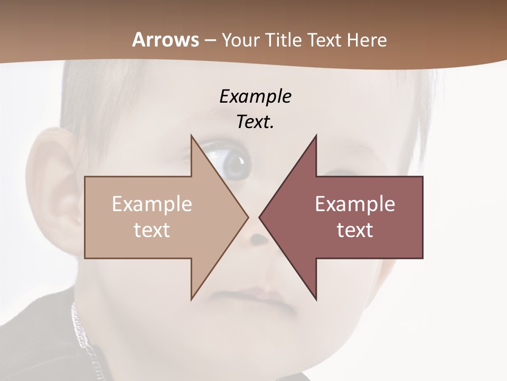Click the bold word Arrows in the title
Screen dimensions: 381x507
[x=165, y=40]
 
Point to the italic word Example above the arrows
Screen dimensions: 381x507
[x=255, y=96]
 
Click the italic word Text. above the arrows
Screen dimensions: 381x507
[x=255, y=122]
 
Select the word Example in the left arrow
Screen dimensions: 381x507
[x=152, y=204]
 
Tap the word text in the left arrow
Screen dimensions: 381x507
[x=152, y=230]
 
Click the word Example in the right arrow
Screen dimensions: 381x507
[x=355, y=204]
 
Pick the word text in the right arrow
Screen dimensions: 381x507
[x=355, y=230]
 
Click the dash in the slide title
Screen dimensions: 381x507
[x=210, y=40]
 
